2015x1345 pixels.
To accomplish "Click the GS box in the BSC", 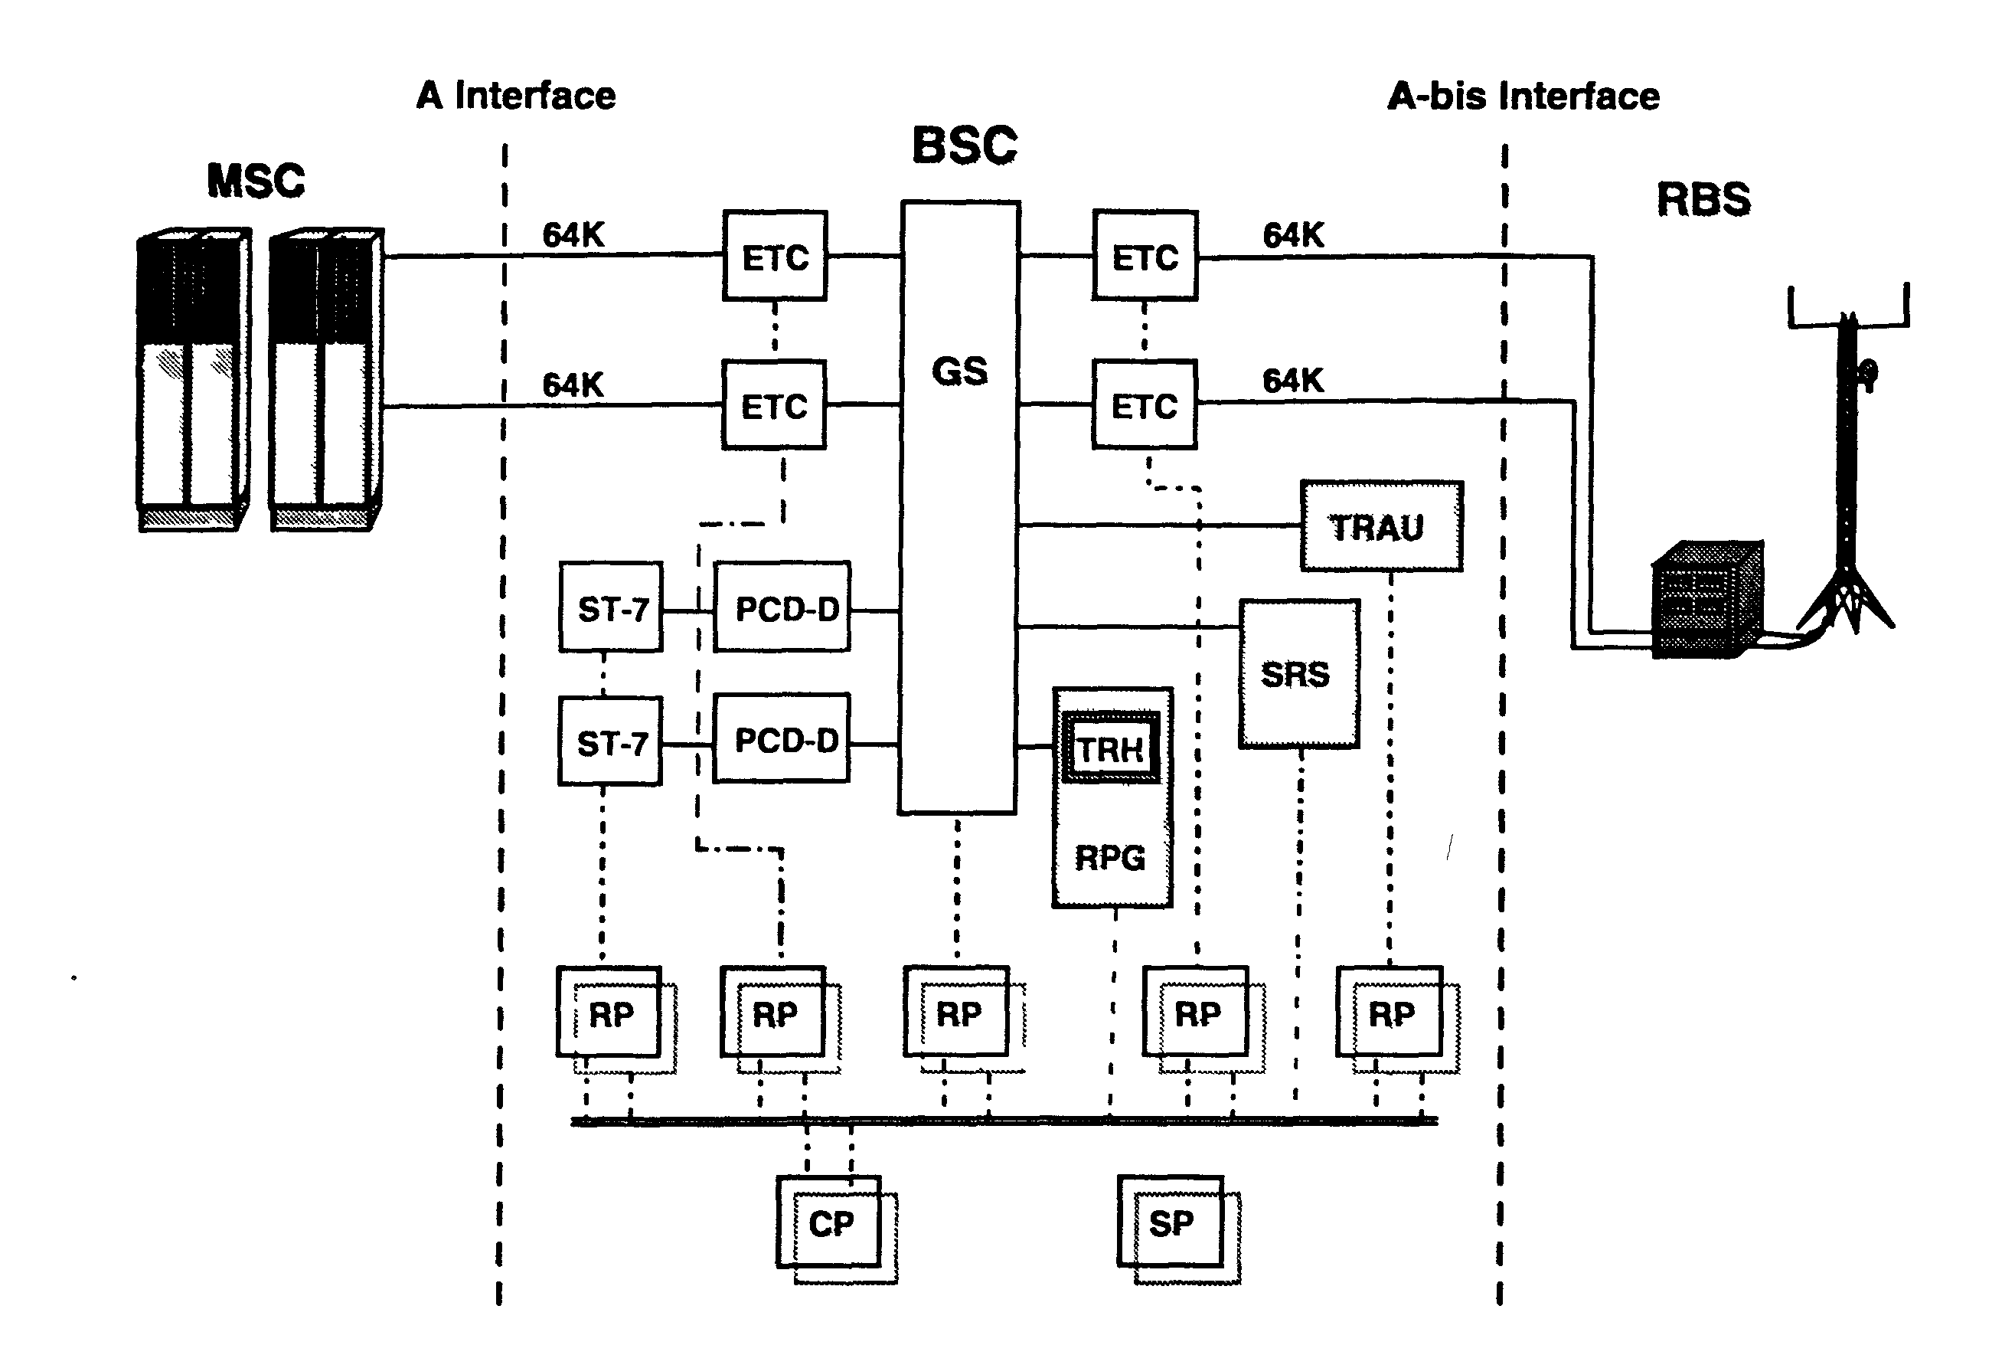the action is point(959,507).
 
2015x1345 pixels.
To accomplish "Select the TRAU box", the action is point(1381,525).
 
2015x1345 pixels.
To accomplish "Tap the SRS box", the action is point(1299,674).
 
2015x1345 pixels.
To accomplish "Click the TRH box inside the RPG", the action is point(1110,748).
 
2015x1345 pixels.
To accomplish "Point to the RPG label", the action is point(1110,858).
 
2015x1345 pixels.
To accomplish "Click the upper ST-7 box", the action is point(610,607).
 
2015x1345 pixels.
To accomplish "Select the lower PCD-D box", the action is point(782,738).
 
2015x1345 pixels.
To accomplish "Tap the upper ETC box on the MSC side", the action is point(775,256).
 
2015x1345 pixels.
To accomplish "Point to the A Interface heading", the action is point(516,95).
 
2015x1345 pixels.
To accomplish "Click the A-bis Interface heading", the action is point(1523,96).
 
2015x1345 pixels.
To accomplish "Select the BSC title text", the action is point(965,145).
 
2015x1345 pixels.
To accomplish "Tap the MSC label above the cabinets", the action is point(256,180).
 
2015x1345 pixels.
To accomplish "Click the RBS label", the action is point(1703,199).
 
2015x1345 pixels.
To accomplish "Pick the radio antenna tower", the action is point(1849,463).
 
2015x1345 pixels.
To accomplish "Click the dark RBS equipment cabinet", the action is point(1707,599).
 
